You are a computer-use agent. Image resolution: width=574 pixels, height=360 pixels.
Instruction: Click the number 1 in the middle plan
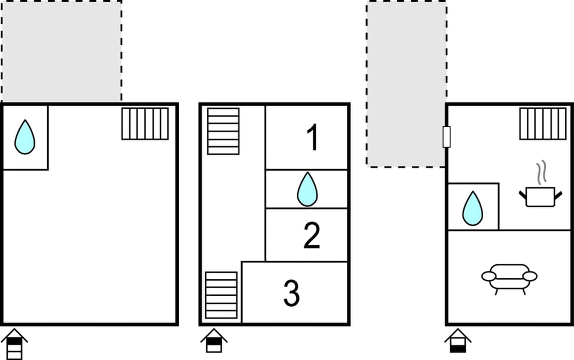tap(312, 138)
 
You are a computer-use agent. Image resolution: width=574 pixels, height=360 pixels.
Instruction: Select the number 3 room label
tap(291, 293)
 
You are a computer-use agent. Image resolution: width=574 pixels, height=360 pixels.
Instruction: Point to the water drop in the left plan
tap(25, 137)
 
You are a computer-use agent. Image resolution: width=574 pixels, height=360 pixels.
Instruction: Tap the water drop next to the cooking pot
tap(472, 208)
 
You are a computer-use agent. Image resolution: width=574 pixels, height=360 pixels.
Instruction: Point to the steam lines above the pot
tap(541, 172)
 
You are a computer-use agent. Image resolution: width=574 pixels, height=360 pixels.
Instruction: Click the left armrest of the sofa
tap(488, 276)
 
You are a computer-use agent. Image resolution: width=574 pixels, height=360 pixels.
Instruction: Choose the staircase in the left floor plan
tap(145, 124)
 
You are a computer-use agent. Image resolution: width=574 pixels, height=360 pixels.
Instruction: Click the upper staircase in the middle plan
tap(223, 131)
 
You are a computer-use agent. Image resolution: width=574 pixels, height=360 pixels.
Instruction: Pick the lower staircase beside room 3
tap(221, 295)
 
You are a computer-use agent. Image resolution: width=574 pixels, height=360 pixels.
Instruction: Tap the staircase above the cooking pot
tap(543, 124)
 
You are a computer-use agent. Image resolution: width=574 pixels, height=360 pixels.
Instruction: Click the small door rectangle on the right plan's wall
tap(446, 137)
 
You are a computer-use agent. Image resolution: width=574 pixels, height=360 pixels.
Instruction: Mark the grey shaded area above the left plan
tap(62, 51)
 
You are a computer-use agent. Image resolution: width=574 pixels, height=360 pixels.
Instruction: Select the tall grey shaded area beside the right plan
tap(406, 84)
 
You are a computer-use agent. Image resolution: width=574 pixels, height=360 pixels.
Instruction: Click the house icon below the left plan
tap(14, 344)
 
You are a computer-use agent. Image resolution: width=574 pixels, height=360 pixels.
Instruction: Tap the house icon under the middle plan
tap(213, 341)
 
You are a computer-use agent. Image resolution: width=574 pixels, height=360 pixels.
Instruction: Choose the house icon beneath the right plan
tap(458, 341)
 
